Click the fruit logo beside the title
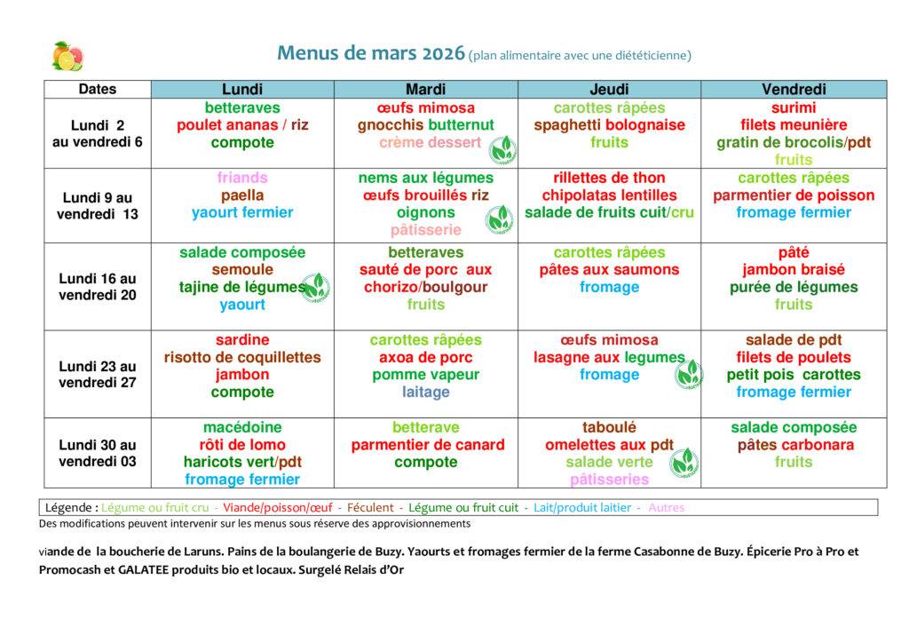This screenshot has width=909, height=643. tap(67, 56)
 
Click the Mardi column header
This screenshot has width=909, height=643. tap(425, 90)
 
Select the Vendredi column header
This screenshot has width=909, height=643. tap(793, 90)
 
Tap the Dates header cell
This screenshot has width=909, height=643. tap(98, 89)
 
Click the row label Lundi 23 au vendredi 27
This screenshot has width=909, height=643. tap(98, 374)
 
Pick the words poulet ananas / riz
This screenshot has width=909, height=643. tap(242, 125)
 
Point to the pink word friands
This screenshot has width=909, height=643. tap(242, 178)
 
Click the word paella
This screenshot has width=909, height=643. tap(242, 195)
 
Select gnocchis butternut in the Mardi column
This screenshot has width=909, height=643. tap(425, 125)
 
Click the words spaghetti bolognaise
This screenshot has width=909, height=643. tap(609, 125)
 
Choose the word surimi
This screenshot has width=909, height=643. tap(793, 108)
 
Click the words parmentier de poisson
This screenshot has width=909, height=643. tap(793, 195)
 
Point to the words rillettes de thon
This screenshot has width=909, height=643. tap(609, 178)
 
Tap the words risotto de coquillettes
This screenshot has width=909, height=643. tap(242, 357)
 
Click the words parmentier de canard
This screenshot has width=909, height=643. tap(427, 445)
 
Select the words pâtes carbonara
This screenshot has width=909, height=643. tap(793, 445)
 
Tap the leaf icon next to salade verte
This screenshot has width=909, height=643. tap(684, 462)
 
